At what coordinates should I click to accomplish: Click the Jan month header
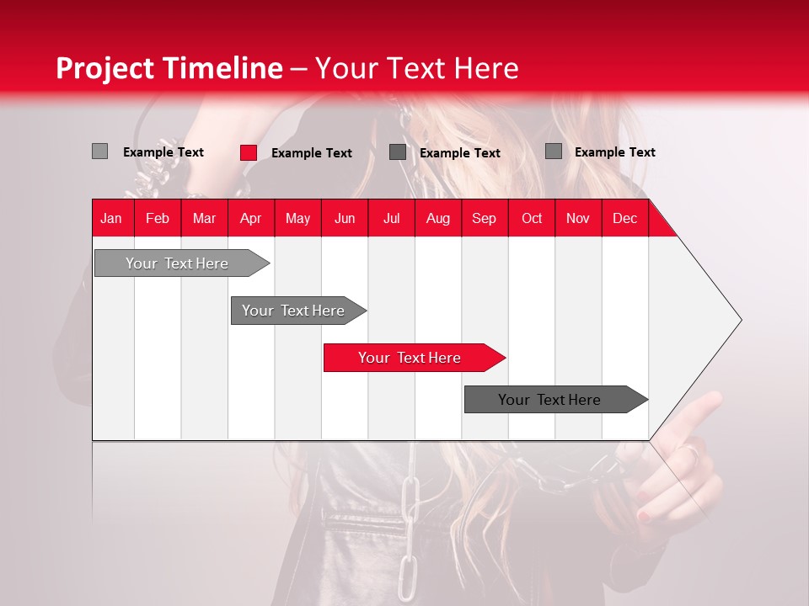[111, 218]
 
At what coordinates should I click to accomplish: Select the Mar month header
[204, 218]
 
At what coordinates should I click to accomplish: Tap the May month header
[297, 218]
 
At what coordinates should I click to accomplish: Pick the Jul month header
[391, 218]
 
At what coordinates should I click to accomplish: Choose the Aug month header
[437, 218]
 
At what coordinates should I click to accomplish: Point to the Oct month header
[531, 218]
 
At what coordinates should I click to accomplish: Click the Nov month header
[577, 218]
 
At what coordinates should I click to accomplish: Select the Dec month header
[624, 218]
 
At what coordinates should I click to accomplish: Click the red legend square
[249, 152]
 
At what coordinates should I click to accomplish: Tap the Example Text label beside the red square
[311, 152]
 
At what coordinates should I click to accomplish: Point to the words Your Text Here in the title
[416, 68]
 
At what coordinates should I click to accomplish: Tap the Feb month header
[158, 218]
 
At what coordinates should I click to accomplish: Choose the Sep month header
[484, 218]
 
